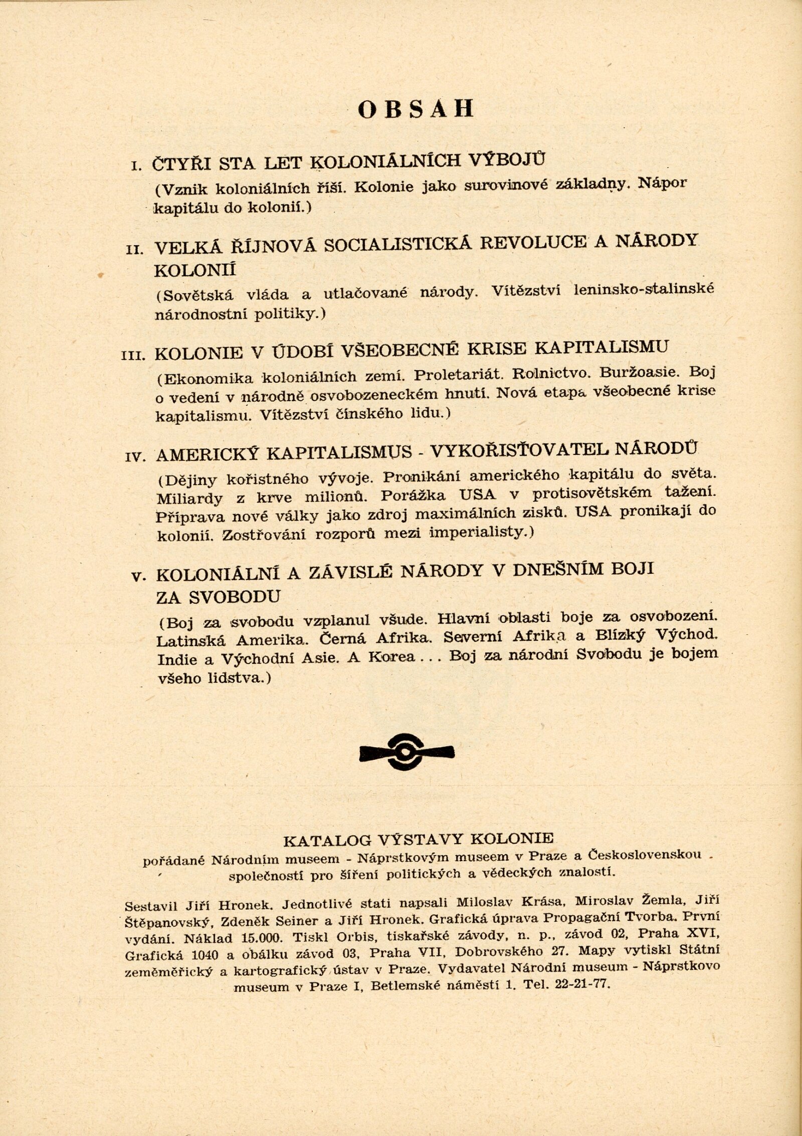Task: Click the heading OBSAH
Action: tap(416, 109)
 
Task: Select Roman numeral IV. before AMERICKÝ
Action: tap(135, 457)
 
